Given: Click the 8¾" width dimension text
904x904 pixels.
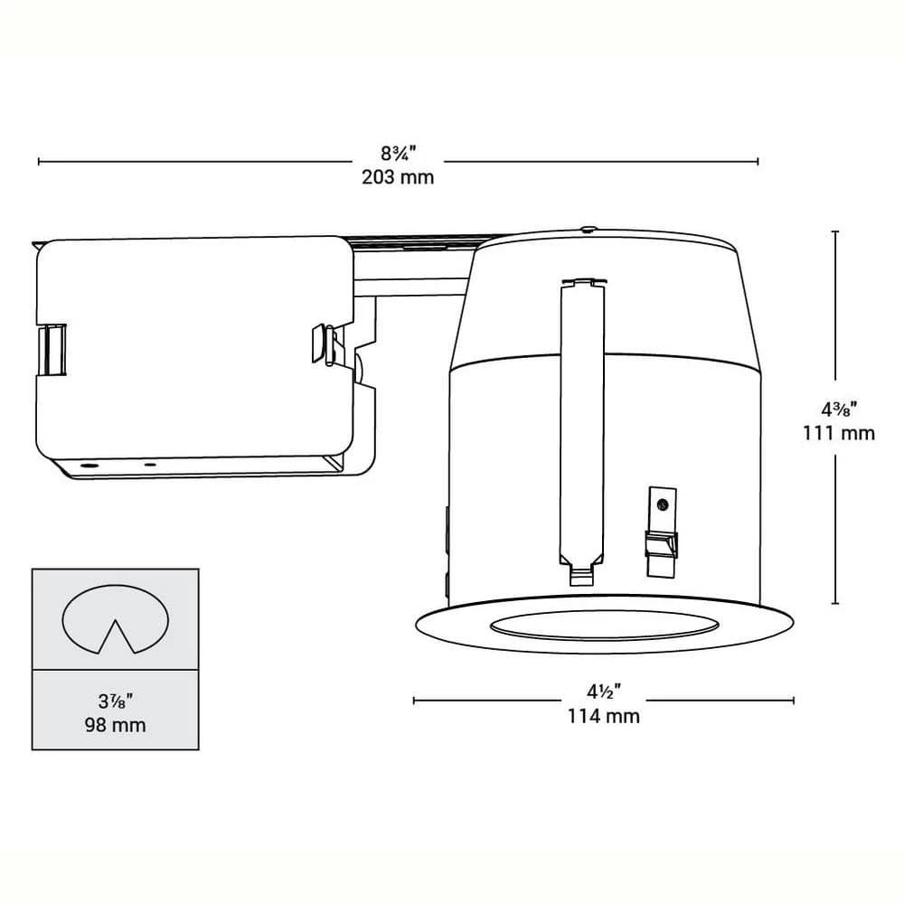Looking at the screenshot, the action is tap(398, 154).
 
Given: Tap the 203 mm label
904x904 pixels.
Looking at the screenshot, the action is tap(398, 177).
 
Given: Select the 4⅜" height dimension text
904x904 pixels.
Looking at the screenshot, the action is tap(839, 410).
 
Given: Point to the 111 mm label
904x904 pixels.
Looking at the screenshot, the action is tap(839, 433).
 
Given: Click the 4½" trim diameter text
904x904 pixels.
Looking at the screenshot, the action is tap(604, 691).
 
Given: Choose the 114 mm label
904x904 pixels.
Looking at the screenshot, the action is tap(604, 716).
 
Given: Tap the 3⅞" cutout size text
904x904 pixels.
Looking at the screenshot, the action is tap(116, 702).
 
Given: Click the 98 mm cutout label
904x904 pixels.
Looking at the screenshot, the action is tap(116, 725).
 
